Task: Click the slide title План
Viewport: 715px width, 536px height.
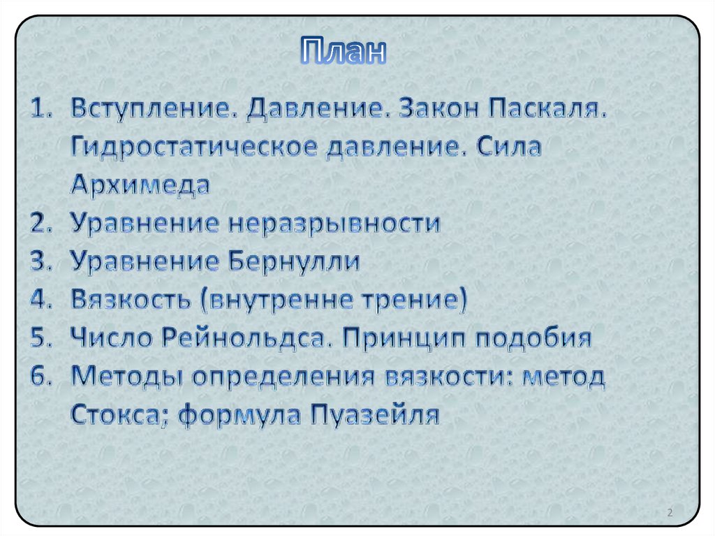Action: (x=344, y=52)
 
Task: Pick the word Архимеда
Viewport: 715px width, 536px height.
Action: (x=140, y=187)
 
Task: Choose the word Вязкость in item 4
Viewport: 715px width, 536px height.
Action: (x=130, y=300)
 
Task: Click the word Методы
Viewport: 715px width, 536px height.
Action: (x=126, y=377)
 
